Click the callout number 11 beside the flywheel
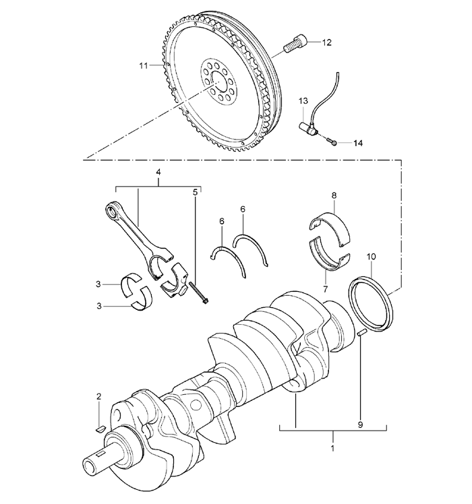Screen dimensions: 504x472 [x=143, y=65]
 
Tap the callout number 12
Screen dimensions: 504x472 [x=326, y=42]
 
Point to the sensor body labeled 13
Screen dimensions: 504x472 [x=312, y=126]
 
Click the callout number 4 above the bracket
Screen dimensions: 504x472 [x=158, y=172]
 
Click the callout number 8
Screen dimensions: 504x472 [x=333, y=196]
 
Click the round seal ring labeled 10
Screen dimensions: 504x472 [x=372, y=296]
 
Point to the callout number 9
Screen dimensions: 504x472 [x=360, y=425]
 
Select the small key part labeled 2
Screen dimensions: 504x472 [x=98, y=426]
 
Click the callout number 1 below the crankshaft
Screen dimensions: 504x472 [x=332, y=446]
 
